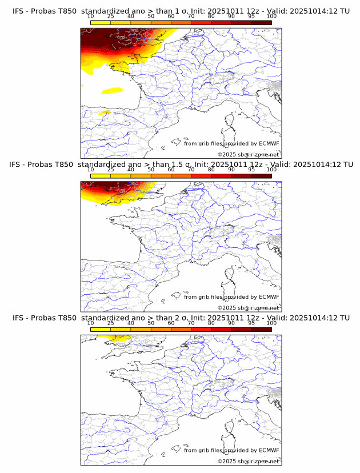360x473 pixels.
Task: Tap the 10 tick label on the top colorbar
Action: (90, 16)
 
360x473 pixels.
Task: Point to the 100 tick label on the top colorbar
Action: (271, 16)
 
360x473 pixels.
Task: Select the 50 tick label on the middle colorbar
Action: (151, 170)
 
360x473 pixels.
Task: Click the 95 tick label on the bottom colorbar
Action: (251, 323)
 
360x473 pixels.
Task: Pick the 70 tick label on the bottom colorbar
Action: (191, 323)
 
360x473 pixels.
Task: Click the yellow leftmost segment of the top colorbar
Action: (100, 22)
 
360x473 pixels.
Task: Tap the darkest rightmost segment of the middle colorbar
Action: (261, 176)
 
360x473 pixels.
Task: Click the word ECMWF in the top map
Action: (269, 143)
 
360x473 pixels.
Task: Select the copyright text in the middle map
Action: (248, 308)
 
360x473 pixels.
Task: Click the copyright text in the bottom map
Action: (248, 461)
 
